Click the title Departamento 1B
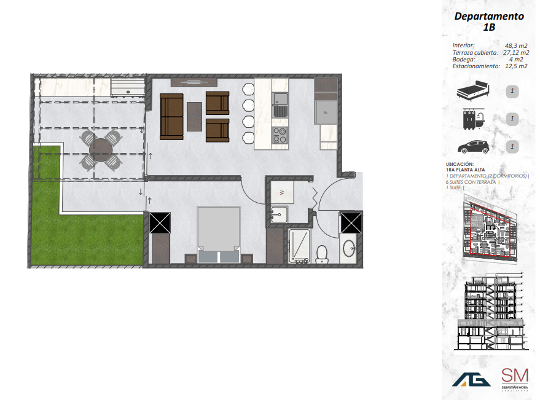tap(489, 22)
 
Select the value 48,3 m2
tap(516, 45)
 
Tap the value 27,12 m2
tap(516, 52)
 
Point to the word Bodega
tap(464, 59)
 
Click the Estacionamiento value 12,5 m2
tap(516, 66)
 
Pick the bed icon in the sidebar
tap(472, 92)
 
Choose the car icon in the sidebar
tap(472, 147)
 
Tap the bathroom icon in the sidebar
tap(472, 119)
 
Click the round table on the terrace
tap(101, 149)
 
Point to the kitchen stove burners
tap(280, 135)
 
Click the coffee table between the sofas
tap(195, 116)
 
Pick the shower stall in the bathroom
tap(299, 246)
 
